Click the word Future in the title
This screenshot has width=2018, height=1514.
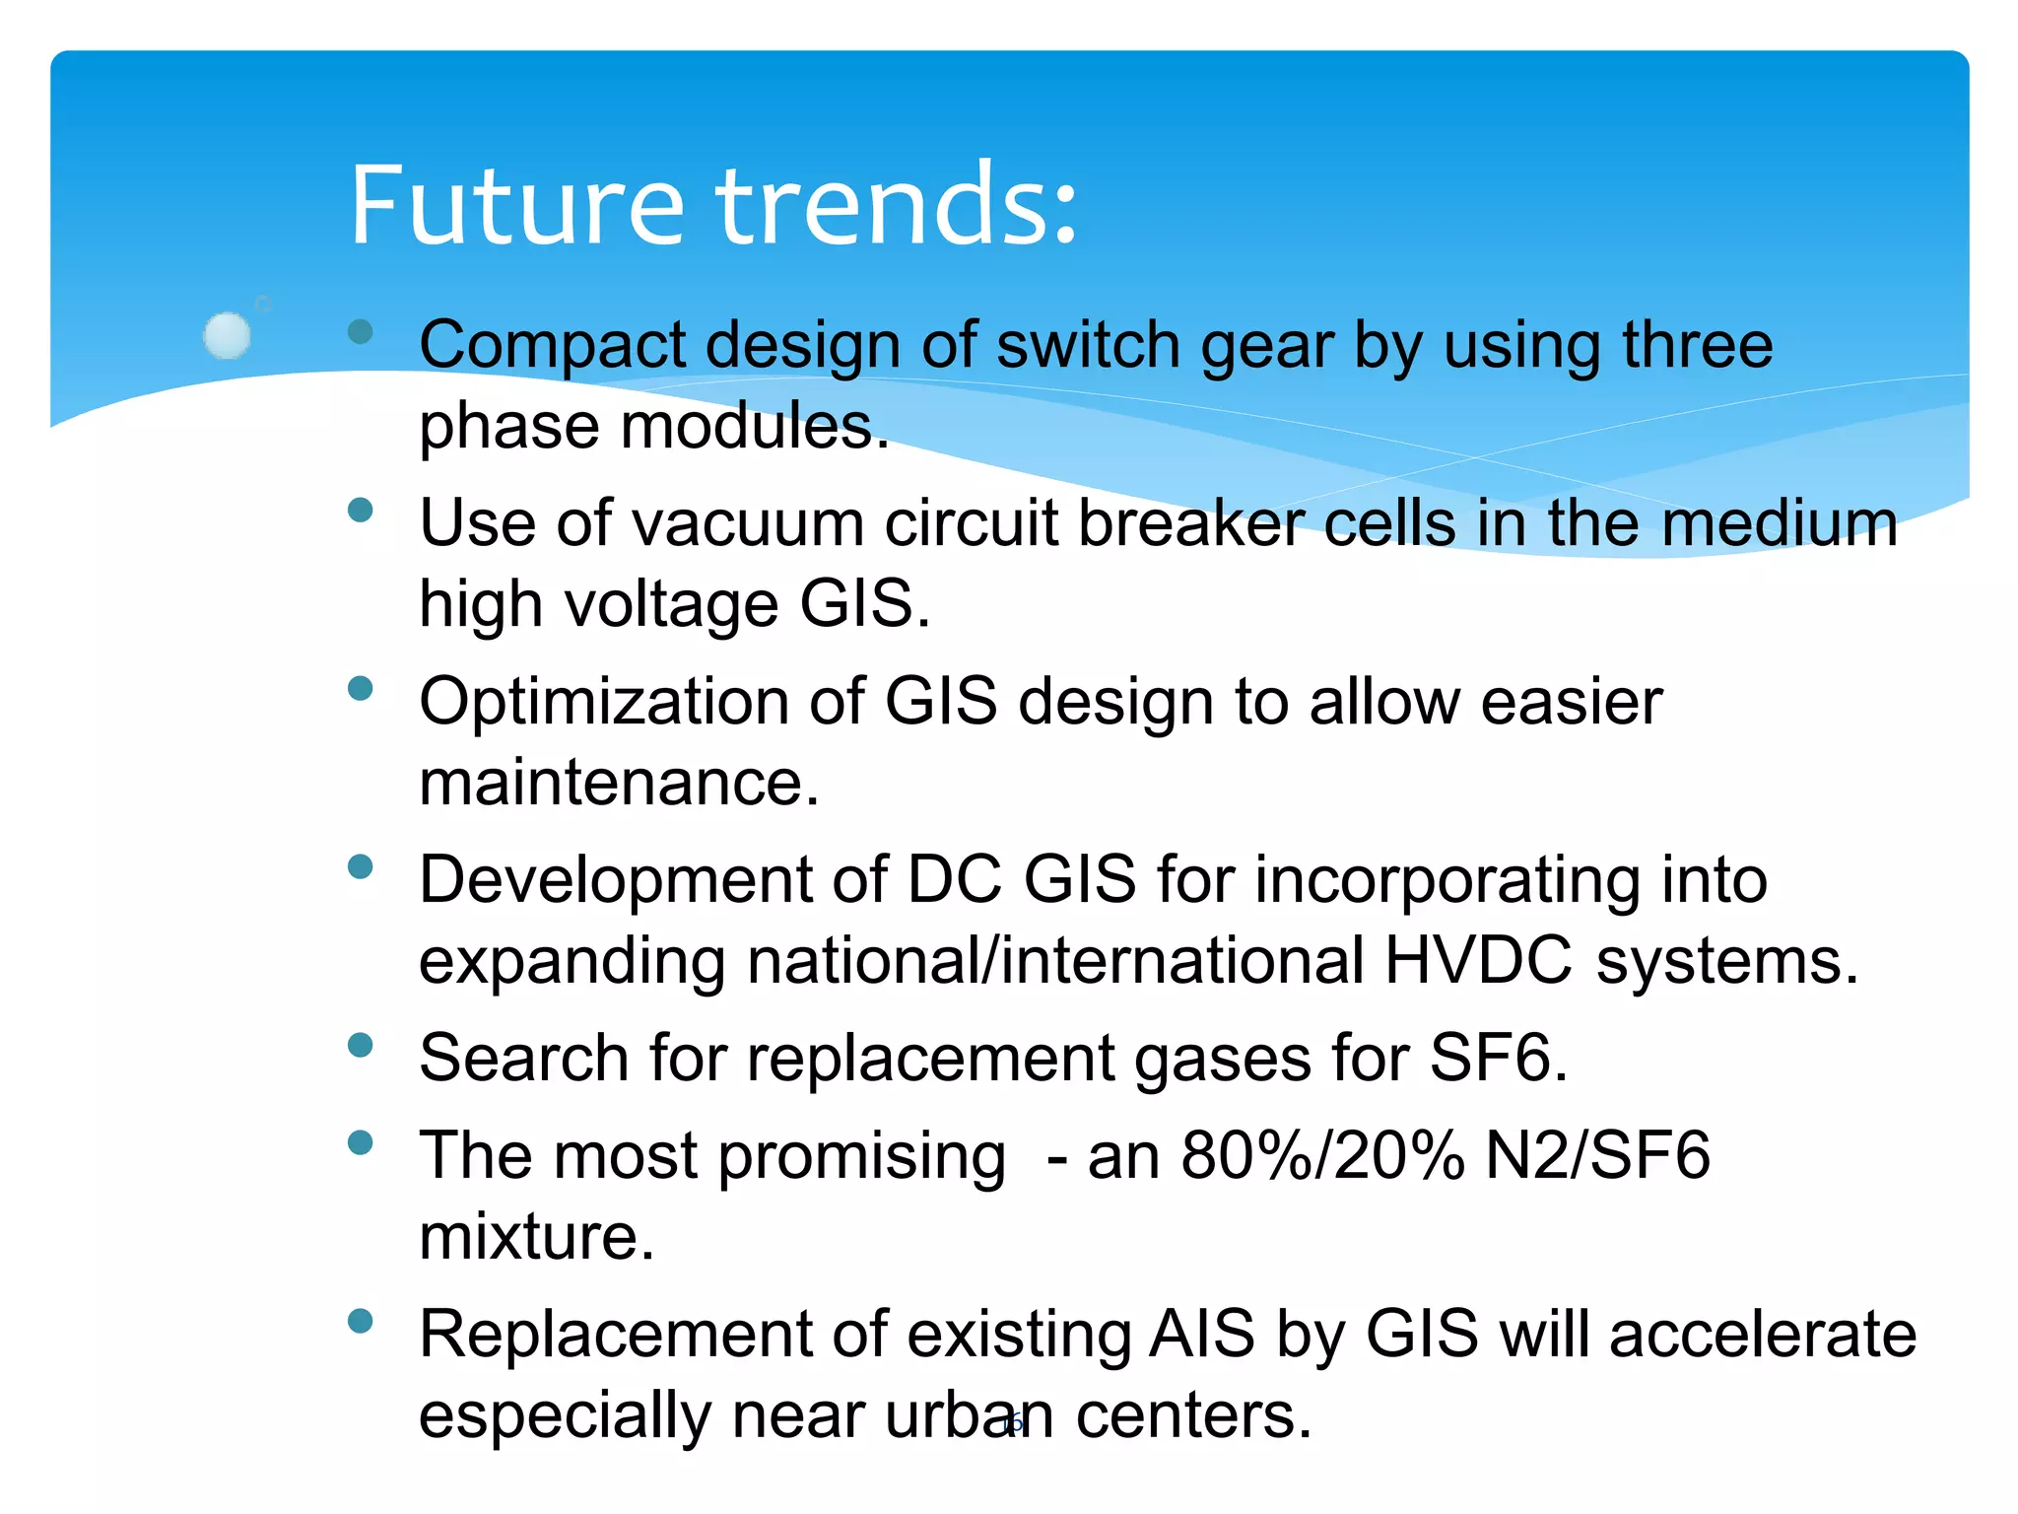coord(516,206)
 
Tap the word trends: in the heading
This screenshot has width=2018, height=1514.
coord(896,206)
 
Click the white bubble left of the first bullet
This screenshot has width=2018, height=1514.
coord(227,335)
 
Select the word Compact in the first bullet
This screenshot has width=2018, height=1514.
coord(552,346)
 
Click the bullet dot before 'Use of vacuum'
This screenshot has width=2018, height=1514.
coord(361,510)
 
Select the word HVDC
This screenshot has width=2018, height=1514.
coord(1478,960)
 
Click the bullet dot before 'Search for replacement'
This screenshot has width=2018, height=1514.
coord(361,1045)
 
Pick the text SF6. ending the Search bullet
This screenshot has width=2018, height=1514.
coord(1498,1059)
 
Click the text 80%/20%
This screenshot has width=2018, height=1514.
coord(1322,1155)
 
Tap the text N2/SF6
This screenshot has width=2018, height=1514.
coord(1597,1155)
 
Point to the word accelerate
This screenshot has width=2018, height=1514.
coord(1763,1335)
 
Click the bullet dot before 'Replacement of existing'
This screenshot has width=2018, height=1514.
coord(361,1321)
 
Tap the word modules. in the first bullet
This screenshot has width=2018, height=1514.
coord(754,427)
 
